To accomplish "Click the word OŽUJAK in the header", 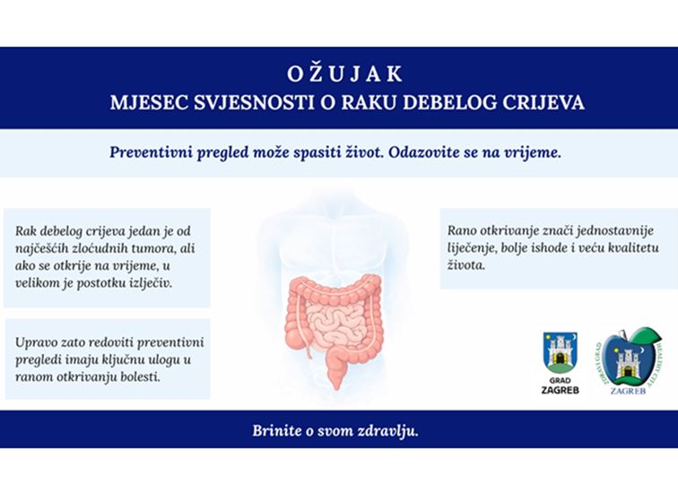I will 339,74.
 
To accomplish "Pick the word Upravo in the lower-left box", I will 37,342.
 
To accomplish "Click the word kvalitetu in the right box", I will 618,247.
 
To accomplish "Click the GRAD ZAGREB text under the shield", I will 561,385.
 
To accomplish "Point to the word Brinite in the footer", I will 277,430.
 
